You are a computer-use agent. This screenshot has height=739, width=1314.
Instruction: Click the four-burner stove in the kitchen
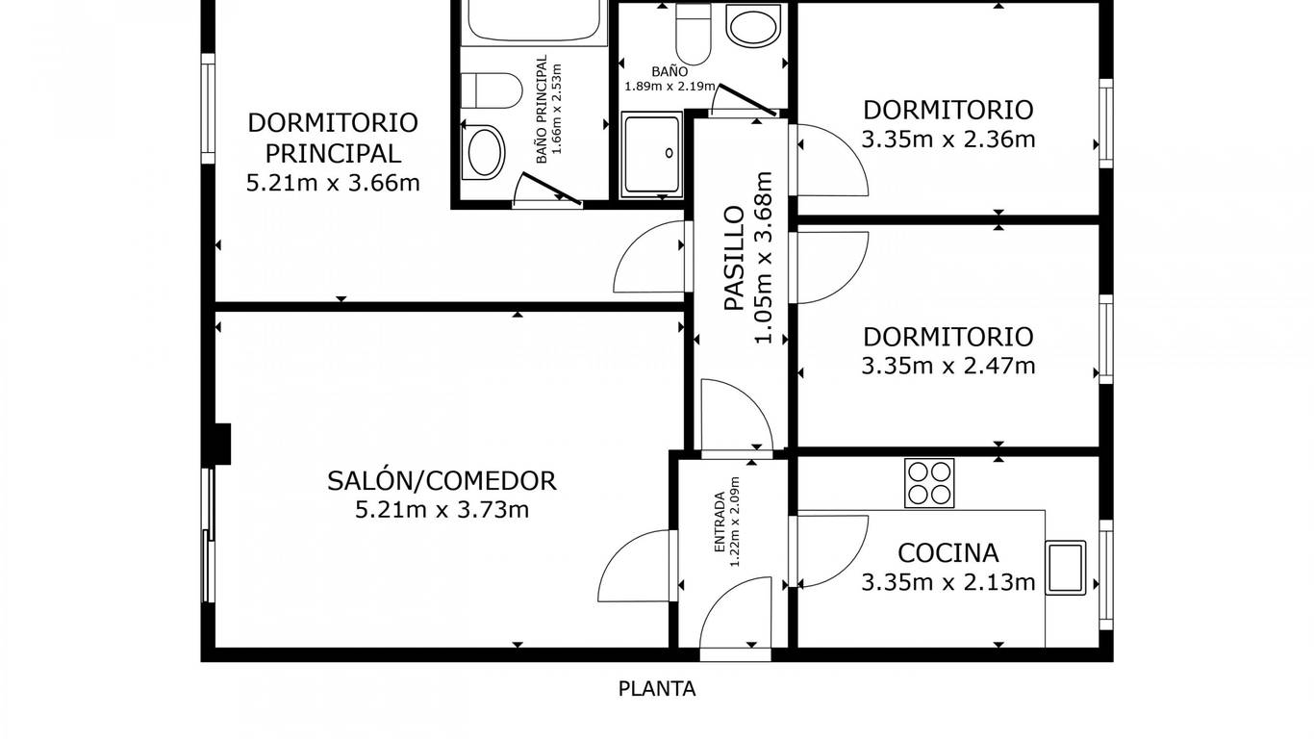click(929, 483)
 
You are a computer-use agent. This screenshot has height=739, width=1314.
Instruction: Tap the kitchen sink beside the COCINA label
click(1065, 567)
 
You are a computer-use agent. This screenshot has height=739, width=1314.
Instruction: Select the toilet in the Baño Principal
click(492, 90)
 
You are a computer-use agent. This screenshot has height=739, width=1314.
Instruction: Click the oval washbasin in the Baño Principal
click(483, 152)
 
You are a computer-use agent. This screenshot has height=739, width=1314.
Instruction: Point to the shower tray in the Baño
click(652, 154)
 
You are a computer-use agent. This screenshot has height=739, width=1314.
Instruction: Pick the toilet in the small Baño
click(694, 34)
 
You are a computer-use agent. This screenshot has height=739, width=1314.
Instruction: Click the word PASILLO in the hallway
click(734, 258)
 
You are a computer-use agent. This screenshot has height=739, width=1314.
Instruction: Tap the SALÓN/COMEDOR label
click(442, 481)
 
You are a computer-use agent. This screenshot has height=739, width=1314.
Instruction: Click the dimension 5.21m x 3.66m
click(333, 183)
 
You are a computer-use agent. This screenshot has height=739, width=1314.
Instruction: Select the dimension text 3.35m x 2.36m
click(948, 140)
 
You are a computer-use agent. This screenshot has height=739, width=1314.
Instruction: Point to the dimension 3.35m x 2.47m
click(948, 366)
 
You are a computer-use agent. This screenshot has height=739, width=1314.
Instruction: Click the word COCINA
click(948, 553)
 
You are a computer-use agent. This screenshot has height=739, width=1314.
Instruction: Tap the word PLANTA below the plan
click(657, 689)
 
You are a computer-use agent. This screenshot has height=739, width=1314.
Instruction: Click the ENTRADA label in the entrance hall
click(720, 522)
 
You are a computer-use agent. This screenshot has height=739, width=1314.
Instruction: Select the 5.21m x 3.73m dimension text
click(442, 509)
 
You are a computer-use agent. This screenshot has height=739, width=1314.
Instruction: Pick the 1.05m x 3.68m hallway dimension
click(764, 258)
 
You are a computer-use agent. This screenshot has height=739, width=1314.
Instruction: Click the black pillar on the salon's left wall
click(222, 445)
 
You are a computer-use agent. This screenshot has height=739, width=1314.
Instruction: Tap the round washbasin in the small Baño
click(753, 25)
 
